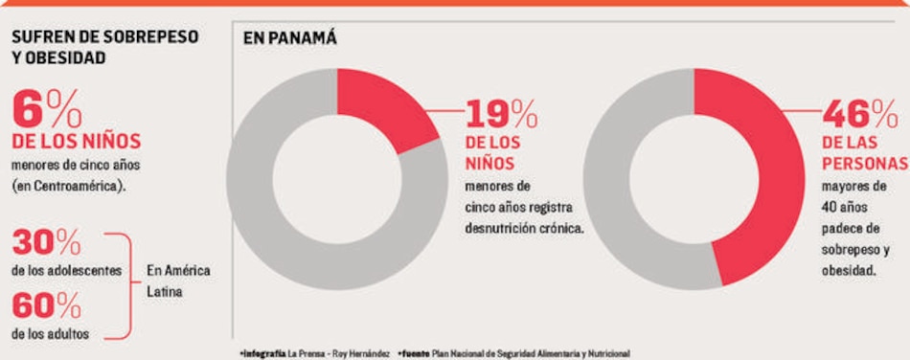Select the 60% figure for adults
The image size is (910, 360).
tap(46, 307)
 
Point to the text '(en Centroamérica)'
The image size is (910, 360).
tap(68, 185)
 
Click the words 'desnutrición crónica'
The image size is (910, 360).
tap(524, 229)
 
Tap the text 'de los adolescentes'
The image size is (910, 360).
tap(67, 271)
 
